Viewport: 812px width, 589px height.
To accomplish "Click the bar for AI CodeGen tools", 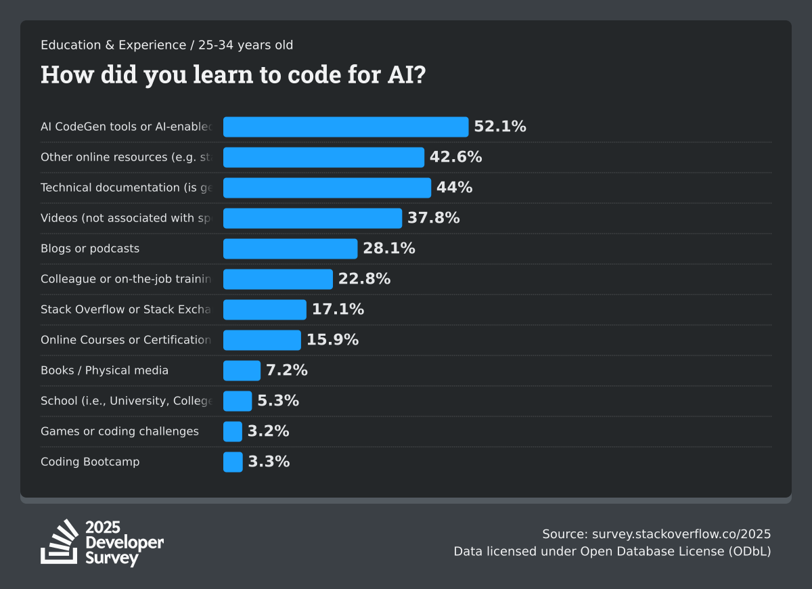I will (x=346, y=127).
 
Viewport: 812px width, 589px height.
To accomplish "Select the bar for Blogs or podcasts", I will (x=290, y=248).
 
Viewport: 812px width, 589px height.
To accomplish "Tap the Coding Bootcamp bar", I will (x=233, y=462).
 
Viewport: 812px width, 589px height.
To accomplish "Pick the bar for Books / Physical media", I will (x=242, y=370).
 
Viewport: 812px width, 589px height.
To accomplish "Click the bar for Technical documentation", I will (x=327, y=188).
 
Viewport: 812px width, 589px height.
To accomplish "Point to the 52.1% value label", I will (x=500, y=127).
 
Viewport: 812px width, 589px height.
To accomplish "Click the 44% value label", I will (x=454, y=188).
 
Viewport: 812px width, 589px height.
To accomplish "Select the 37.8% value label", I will (x=434, y=218).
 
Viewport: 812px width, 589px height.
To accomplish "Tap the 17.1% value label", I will (x=338, y=309).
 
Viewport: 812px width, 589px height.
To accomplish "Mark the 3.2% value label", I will (x=269, y=431).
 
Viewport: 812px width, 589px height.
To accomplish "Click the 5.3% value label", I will (x=278, y=401).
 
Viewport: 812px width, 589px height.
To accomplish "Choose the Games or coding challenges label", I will (x=120, y=431).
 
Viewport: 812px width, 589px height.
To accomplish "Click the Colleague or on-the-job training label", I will (x=126, y=279).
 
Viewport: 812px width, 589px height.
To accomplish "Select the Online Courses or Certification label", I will (x=126, y=340).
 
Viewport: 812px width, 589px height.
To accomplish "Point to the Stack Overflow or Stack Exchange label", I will (x=126, y=309).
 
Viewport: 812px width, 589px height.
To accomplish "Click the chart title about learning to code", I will (x=233, y=74).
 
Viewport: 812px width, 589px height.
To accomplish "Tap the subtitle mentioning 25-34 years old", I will (x=167, y=45).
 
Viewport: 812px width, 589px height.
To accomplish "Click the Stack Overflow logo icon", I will (x=60, y=542).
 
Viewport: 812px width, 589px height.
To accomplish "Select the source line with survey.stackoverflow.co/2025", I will (x=656, y=533).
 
